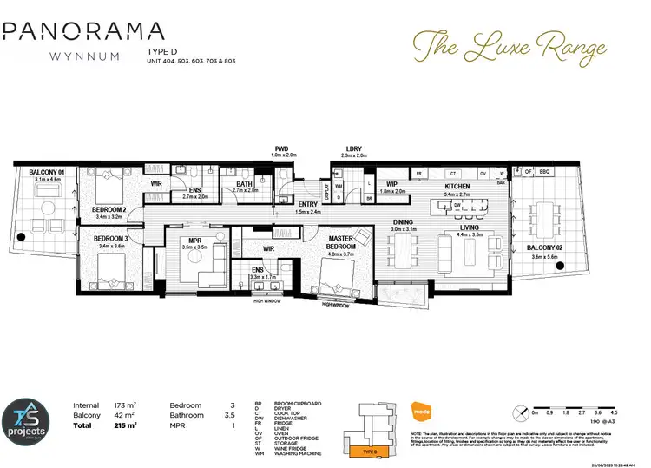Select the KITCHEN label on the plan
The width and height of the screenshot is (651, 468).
point(457,188)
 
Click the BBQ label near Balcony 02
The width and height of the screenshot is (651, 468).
point(545,172)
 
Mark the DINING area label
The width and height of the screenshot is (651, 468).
point(403,222)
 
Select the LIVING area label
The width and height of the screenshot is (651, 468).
point(470,227)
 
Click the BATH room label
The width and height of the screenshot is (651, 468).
point(244,184)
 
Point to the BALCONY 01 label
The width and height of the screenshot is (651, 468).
point(48,172)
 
